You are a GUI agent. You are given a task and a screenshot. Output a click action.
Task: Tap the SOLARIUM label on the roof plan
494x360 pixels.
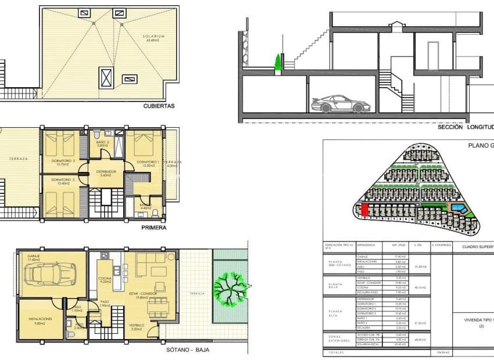click(152, 37)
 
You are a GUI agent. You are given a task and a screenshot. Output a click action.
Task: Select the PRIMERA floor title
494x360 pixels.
click(153, 228)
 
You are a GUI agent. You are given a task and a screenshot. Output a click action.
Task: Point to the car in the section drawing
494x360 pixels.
click(340, 104)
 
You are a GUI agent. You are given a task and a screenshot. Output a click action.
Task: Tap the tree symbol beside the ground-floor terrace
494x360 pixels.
click(229, 287)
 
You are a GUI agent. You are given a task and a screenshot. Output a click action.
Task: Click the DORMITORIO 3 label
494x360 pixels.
click(63, 181)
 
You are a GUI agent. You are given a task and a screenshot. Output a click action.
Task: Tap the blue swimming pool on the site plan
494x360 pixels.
click(458, 208)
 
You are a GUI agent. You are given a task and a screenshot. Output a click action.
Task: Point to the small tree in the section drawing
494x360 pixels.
click(278, 62)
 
